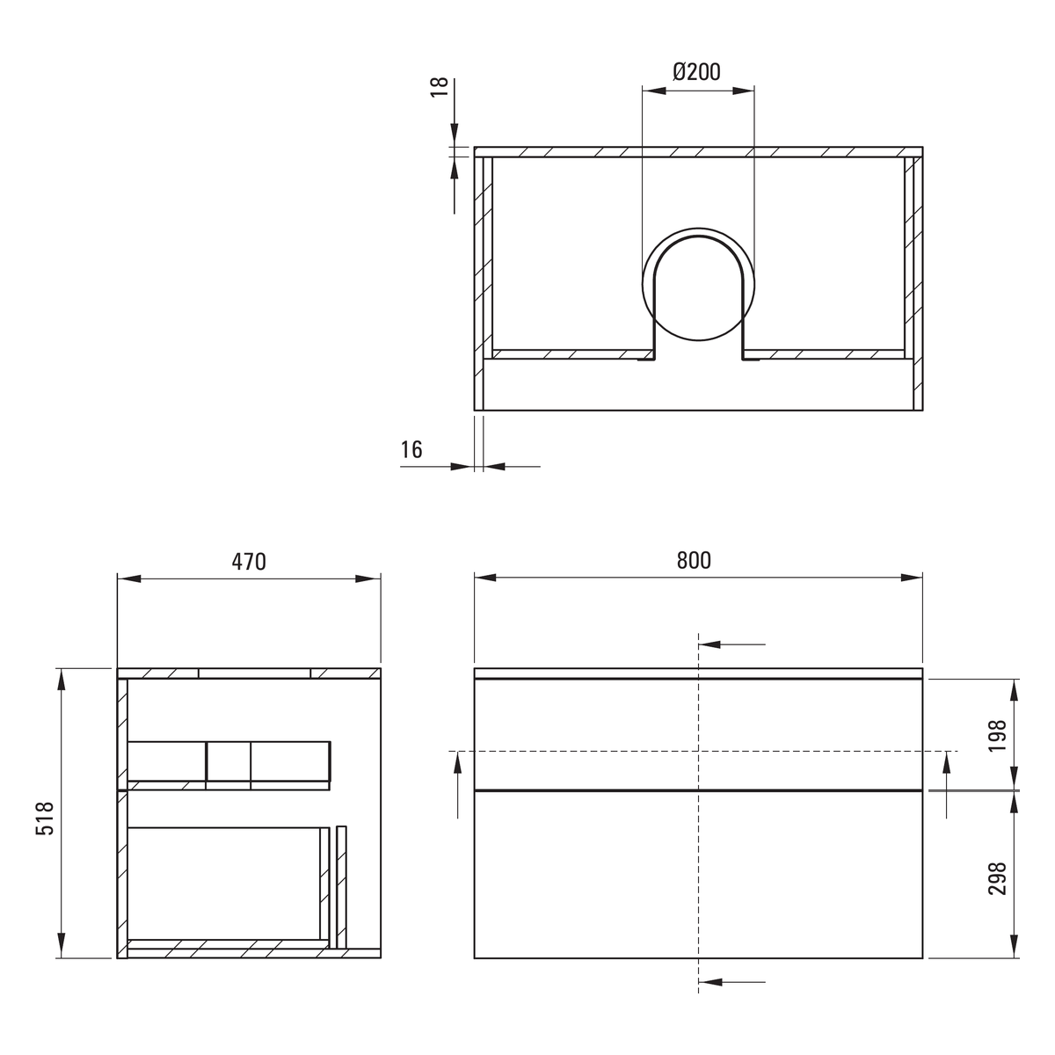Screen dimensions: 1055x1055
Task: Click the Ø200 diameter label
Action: click(696, 72)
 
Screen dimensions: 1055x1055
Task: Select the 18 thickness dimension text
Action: click(440, 87)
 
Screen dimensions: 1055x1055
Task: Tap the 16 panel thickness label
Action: click(411, 449)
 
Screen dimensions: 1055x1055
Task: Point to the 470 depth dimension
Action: click(249, 562)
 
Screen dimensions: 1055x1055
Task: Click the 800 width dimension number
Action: click(694, 560)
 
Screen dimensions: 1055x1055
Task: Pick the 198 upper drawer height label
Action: click(998, 736)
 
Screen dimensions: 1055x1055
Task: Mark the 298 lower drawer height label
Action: click(998, 879)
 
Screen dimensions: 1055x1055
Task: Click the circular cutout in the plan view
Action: click(698, 227)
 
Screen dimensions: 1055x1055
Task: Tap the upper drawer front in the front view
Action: click(698, 734)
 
